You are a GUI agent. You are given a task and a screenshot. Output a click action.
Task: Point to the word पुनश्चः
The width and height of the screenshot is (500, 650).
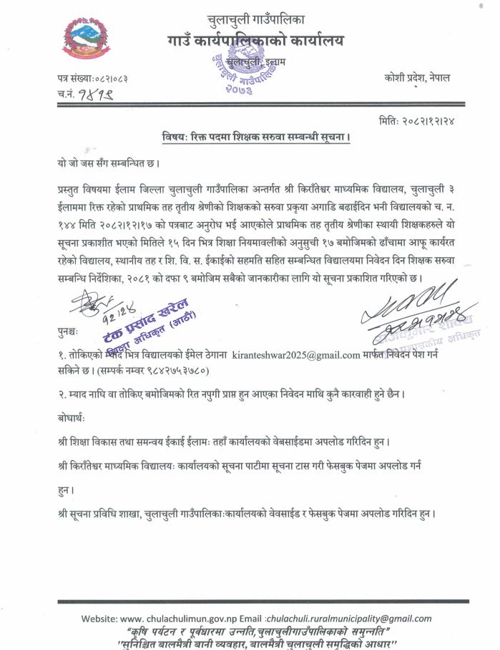[x=69, y=332]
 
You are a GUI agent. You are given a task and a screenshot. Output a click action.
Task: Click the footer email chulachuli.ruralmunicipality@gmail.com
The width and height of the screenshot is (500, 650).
[x=349, y=619]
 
